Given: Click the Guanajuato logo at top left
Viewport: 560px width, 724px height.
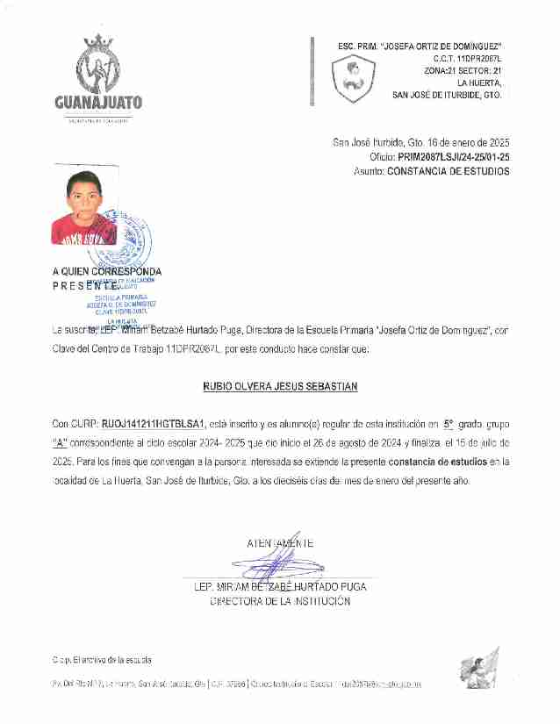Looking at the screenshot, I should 98,77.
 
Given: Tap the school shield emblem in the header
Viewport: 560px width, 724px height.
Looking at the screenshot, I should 353,79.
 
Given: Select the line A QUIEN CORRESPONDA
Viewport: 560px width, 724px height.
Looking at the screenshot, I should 106,272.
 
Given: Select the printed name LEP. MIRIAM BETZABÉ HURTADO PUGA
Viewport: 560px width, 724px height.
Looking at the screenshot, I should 280,586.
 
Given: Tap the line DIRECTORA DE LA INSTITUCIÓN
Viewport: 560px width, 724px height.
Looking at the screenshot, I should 280,601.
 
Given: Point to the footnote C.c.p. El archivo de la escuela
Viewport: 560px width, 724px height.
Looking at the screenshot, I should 101,659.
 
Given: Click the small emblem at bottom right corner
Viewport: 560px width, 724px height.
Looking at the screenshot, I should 479,670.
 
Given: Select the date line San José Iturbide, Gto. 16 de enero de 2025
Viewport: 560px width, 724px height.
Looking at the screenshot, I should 420,142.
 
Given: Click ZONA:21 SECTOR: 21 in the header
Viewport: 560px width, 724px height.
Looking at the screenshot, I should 462,69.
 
